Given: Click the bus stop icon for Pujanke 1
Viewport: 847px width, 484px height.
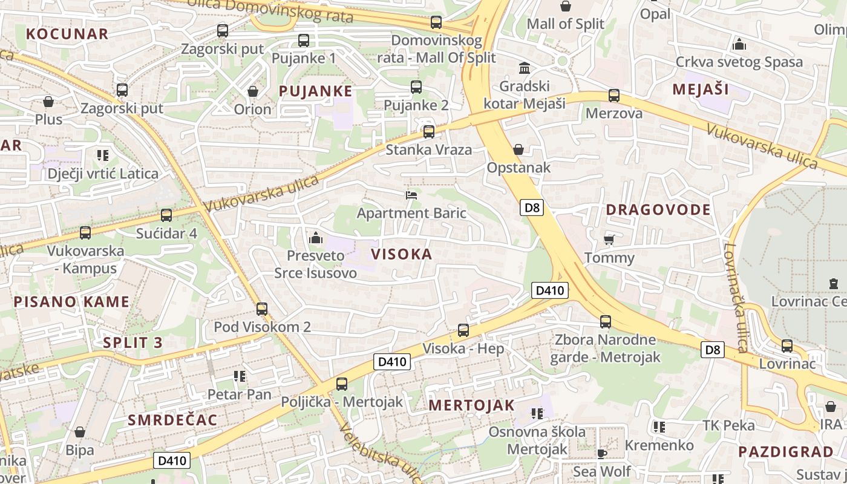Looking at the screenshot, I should (x=304, y=41).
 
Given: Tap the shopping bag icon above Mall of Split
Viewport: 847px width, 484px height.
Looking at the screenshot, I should (x=565, y=6).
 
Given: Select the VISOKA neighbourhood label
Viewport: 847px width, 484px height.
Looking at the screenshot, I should (x=402, y=254).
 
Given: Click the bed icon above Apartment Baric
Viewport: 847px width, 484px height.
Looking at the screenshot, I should (x=411, y=195).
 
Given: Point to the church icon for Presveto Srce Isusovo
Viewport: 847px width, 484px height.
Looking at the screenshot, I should (x=315, y=238).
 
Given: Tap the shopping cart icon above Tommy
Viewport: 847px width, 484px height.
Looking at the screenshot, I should (x=609, y=240).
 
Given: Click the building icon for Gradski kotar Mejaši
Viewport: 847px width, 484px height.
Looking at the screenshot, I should (x=525, y=68).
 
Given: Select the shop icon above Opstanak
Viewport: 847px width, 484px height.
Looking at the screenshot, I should (x=518, y=149).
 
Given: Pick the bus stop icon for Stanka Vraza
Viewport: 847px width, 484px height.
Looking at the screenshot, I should (x=429, y=131).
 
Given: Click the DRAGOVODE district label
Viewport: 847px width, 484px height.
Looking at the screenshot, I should (x=658, y=210).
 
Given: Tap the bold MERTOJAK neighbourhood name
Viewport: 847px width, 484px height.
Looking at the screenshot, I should (x=471, y=405).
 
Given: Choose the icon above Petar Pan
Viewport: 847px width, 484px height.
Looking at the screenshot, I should (x=240, y=376).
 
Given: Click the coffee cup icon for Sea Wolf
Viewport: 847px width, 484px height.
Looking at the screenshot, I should (x=601, y=453).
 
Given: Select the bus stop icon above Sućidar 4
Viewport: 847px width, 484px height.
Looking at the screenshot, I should (x=166, y=215).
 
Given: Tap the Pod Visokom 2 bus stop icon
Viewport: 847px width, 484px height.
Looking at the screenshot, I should (x=262, y=309).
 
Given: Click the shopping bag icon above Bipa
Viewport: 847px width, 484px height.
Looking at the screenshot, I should (x=79, y=432).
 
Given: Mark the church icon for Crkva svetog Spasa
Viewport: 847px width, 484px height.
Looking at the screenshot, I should (x=739, y=44).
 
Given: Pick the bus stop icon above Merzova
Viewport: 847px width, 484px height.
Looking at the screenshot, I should (x=614, y=96).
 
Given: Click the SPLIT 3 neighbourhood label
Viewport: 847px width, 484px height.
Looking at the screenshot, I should (x=132, y=342).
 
